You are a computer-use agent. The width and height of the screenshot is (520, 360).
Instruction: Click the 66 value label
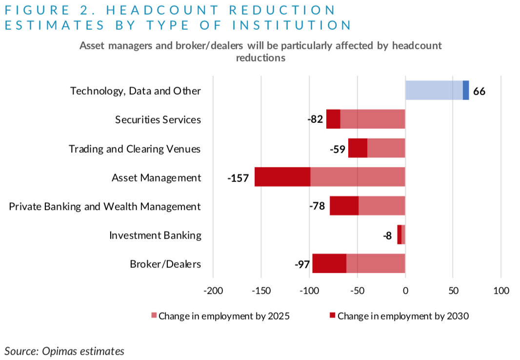(x=479, y=91)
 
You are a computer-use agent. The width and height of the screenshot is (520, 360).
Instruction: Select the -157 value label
(x=238, y=178)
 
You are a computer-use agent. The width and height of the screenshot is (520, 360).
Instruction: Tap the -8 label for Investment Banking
(x=387, y=236)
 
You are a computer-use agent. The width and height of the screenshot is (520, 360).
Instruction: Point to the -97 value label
(x=302, y=264)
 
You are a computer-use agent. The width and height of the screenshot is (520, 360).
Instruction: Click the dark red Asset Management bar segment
(x=282, y=177)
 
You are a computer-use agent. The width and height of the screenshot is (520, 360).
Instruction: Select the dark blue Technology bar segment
(x=466, y=91)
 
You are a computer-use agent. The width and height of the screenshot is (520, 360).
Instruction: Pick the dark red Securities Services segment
(x=333, y=120)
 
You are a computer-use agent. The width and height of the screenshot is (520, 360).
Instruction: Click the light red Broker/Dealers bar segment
(x=376, y=264)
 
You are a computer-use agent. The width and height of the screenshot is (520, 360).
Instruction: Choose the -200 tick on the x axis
(x=213, y=291)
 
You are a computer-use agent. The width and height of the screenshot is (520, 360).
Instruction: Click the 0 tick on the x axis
(x=405, y=291)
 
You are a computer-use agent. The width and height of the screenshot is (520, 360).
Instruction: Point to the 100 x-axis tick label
(x=501, y=291)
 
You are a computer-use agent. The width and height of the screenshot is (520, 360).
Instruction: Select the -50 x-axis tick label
(x=357, y=291)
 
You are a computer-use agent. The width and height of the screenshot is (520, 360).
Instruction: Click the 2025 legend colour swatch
(x=154, y=316)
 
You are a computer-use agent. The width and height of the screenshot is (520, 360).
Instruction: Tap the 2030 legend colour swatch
(x=333, y=316)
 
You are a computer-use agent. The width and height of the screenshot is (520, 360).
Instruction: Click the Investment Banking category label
(x=155, y=236)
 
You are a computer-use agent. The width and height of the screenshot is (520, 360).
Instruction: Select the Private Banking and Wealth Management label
(x=105, y=207)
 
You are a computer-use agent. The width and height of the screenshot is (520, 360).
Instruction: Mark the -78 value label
(x=319, y=207)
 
